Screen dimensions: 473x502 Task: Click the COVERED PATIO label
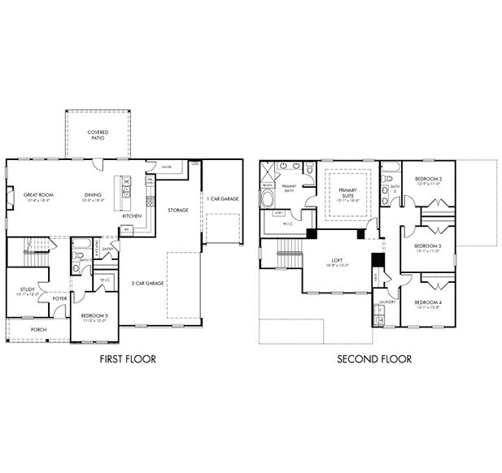[x=98, y=134]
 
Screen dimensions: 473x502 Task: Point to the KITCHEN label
[x=132, y=216]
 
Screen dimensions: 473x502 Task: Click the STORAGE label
[x=177, y=210]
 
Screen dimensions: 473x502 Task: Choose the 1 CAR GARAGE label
[x=221, y=198]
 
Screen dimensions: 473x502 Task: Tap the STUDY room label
[x=27, y=290]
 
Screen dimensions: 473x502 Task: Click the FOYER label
[x=59, y=298]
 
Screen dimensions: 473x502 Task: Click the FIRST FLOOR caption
[x=127, y=358]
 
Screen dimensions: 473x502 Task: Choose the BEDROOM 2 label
[x=428, y=180]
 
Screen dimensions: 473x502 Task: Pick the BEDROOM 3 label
[x=428, y=248]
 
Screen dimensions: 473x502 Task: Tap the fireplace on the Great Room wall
[x=10, y=198]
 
